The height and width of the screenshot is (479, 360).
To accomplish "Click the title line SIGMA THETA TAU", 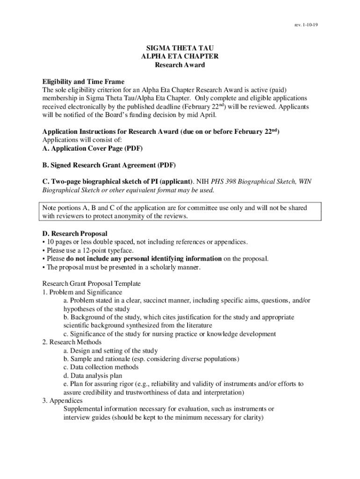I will point(180,48).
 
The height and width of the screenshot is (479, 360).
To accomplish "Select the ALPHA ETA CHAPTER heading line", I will point(180,56).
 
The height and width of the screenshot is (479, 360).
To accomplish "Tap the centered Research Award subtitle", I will point(180,65).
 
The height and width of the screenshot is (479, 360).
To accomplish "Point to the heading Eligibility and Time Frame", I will point(83,81).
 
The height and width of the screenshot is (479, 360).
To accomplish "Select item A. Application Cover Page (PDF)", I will point(93,149).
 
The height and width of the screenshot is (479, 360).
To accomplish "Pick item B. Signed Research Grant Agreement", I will point(109,166).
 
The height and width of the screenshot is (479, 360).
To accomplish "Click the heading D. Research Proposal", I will point(75,233).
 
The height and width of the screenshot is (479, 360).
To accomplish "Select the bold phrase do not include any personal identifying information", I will point(144,259).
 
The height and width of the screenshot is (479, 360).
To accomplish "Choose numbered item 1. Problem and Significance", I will point(82,292).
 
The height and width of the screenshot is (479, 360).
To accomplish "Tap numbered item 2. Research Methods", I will point(72,342).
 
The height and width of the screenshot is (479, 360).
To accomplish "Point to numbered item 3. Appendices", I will point(63,401).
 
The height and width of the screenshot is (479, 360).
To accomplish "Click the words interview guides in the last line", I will point(84,418).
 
